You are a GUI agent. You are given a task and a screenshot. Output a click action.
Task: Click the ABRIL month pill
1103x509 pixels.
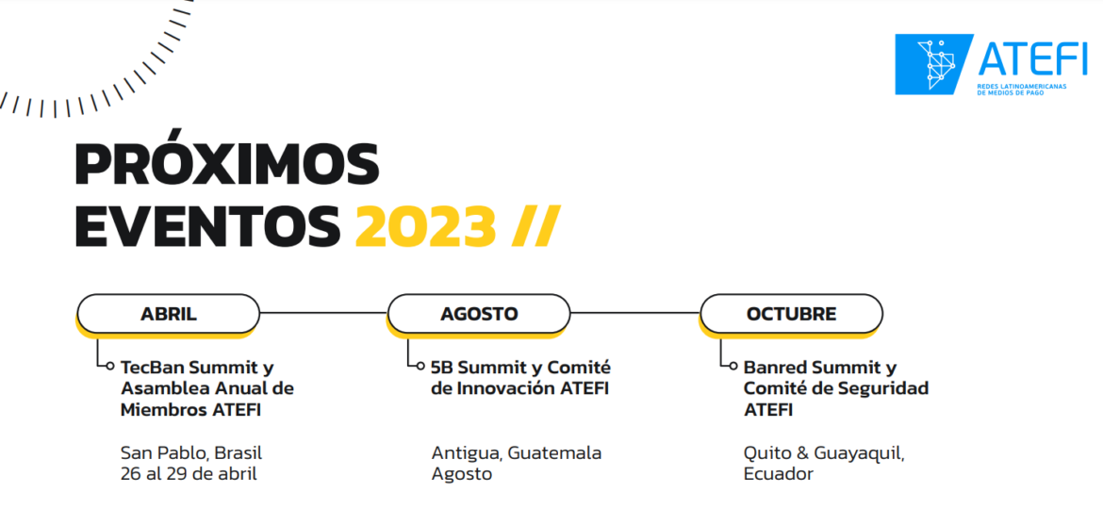168,314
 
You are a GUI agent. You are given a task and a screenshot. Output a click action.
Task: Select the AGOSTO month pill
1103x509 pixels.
479,314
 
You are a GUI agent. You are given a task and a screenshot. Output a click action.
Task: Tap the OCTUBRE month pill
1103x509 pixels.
791,314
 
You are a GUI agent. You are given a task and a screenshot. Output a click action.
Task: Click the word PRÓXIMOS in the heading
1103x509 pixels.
226,166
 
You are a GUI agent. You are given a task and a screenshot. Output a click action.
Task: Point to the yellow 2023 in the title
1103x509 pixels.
425,225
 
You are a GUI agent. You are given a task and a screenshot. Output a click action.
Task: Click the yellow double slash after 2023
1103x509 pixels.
535,225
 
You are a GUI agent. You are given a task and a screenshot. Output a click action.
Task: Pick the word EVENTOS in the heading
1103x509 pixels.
207,225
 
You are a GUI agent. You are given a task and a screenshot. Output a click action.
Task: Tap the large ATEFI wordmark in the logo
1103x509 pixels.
1033,58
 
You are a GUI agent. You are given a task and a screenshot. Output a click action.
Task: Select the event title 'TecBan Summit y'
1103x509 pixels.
197,368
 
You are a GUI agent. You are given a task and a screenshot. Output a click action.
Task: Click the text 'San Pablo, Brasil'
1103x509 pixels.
191,452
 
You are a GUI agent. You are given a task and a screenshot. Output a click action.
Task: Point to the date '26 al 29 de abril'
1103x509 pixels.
189,474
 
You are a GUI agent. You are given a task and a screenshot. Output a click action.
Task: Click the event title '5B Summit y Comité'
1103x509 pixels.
520,368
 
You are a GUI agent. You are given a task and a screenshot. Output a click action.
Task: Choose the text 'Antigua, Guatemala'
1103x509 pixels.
517,452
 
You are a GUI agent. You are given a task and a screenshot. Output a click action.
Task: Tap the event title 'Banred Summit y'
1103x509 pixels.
820,368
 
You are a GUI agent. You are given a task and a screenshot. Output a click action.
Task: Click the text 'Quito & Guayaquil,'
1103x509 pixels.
824,452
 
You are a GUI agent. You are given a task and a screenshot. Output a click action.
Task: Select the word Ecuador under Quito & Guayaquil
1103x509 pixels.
778,474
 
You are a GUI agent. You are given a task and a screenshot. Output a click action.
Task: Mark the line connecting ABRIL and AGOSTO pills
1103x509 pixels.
323,313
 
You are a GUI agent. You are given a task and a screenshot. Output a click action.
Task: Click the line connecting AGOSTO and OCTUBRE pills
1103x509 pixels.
634,313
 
